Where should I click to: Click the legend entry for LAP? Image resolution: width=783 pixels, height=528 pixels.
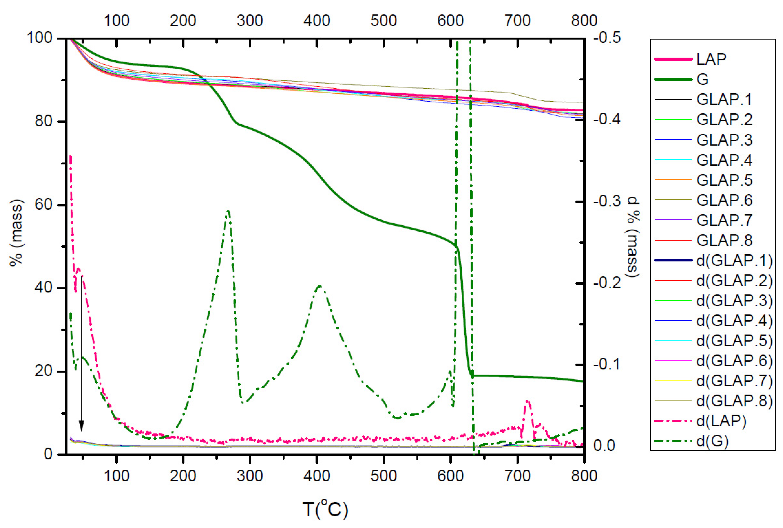pyautogui.click(x=711, y=59)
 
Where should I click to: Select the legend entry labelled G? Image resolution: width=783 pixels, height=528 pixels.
pyautogui.click(x=702, y=80)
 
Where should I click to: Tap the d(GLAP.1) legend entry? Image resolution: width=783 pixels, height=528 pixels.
pyautogui.click(x=734, y=260)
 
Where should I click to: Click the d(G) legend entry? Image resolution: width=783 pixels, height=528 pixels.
pyautogui.click(x=712, y=441)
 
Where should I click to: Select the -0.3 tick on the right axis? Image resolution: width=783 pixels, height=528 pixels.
pyautogui.click(x=607, y=201)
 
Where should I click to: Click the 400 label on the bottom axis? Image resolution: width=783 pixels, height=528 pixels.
pyautogui.click(x=316, y=476)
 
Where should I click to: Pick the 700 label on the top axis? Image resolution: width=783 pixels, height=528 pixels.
pyautogui.click(x=517, y=21)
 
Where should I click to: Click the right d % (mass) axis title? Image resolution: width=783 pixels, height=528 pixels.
pyautogui.click(x=633, y=237)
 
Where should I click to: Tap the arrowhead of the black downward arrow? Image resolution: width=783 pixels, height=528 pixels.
pyautogui.click(x=81, y=426)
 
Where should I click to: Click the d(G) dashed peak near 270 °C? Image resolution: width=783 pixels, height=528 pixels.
pyautogui.click(x=228, y=212)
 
